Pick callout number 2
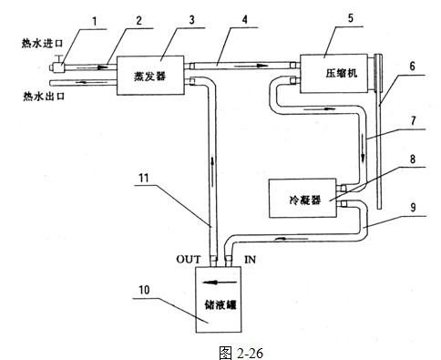(x=138, y=16)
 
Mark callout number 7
(x=415, y=119)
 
